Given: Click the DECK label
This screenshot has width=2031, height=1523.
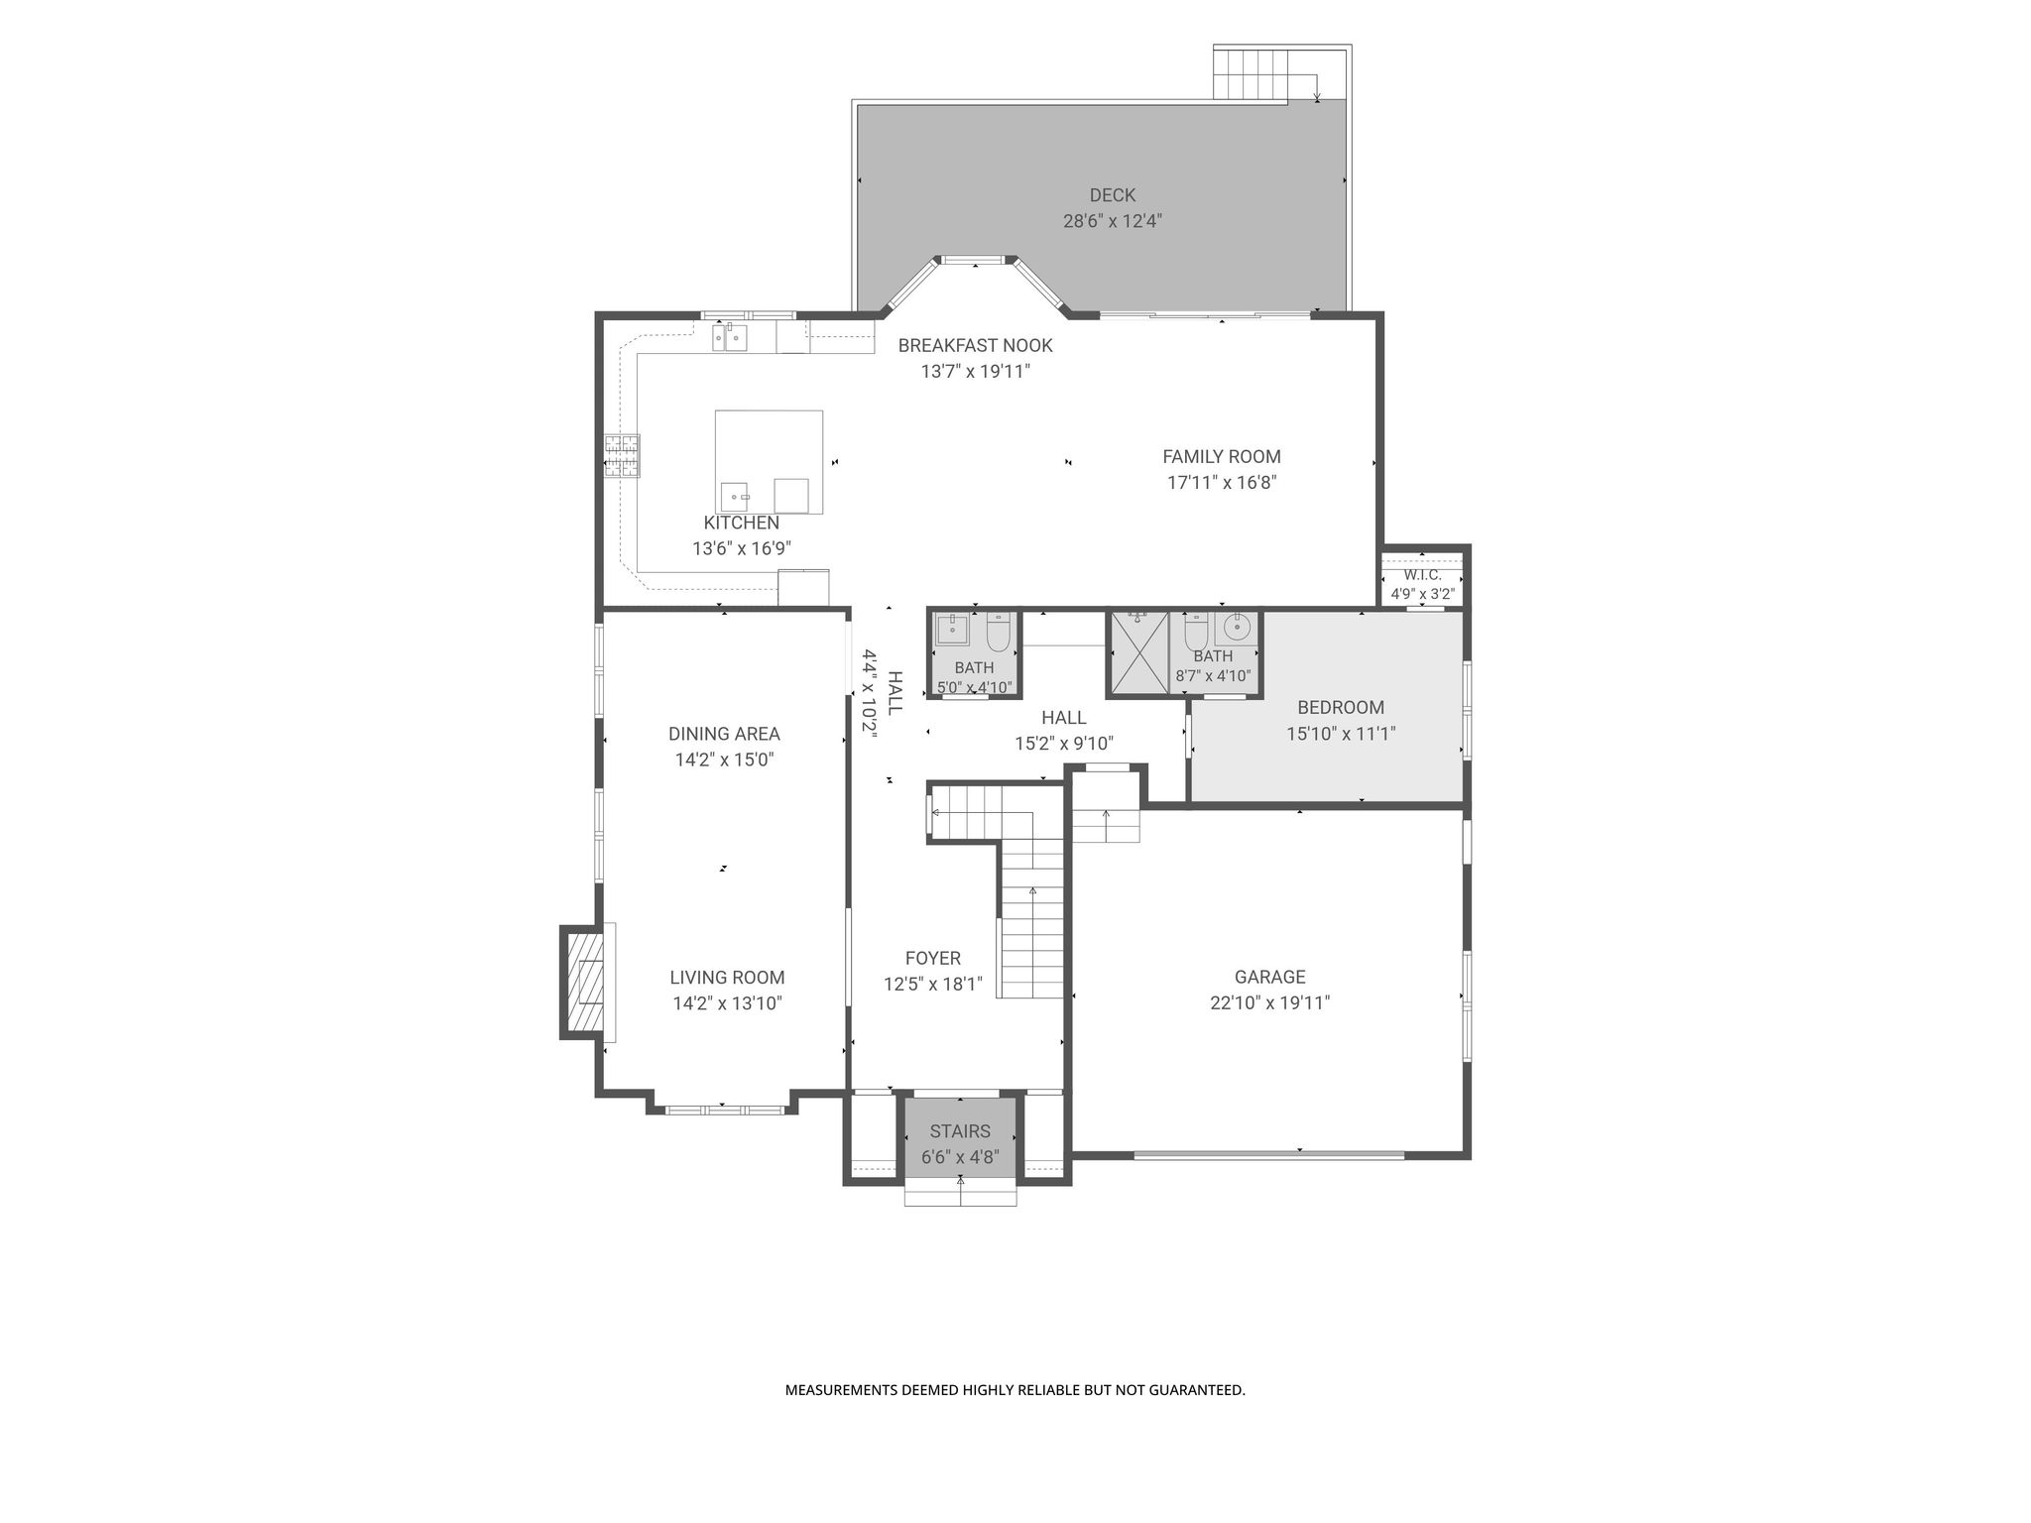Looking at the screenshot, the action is (1112, 195).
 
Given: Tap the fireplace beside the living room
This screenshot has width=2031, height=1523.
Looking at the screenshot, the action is (585, 982).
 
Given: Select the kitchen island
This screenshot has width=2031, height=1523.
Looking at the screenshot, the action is (769, 462).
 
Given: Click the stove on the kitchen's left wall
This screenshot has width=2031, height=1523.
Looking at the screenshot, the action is (623, 458).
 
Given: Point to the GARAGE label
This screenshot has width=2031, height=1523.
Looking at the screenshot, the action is (1269, 977).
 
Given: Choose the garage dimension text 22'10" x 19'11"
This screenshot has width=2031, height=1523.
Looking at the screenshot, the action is (1269, 1002).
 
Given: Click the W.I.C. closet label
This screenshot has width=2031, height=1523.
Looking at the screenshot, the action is (1422, 575).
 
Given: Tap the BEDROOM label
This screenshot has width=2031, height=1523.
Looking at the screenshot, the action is (1341, 707).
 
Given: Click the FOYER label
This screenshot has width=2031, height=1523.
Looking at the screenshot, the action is (932, 958).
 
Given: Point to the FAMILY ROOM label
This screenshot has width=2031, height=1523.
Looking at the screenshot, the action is (1222, 456).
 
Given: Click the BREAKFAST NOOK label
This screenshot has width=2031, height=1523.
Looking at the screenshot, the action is (975, 345).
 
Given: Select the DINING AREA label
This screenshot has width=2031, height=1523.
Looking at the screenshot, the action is (724, 734).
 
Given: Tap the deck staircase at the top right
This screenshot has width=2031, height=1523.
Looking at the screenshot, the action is (1252, 73).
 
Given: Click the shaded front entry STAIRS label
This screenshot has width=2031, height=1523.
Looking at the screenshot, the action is (960, 1131).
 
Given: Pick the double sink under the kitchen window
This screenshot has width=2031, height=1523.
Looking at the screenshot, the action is (729, 338).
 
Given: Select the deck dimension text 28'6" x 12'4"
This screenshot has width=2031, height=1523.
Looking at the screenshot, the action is (1113, 221).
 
